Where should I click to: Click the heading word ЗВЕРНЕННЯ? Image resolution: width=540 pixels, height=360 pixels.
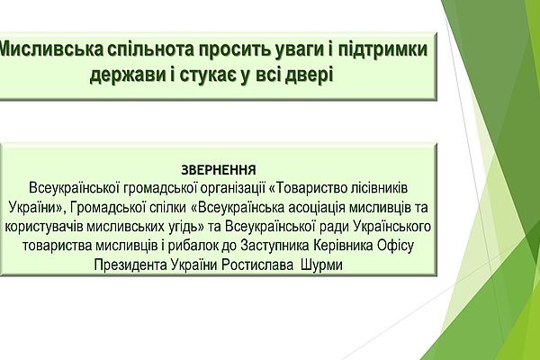219,170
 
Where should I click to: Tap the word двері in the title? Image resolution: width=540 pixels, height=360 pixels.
310,75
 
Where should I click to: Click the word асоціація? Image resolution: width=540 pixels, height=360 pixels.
311,207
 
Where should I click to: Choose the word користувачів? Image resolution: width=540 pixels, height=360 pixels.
43,227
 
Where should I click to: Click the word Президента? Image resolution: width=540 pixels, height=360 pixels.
130,265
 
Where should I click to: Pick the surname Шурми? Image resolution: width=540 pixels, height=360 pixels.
321,265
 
